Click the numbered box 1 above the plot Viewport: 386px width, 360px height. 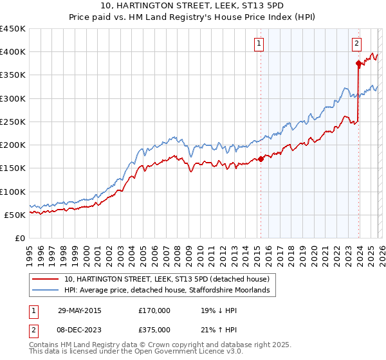259,44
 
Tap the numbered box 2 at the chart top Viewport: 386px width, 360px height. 356,44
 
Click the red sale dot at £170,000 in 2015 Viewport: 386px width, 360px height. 261,159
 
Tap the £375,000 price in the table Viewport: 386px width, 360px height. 154,329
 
